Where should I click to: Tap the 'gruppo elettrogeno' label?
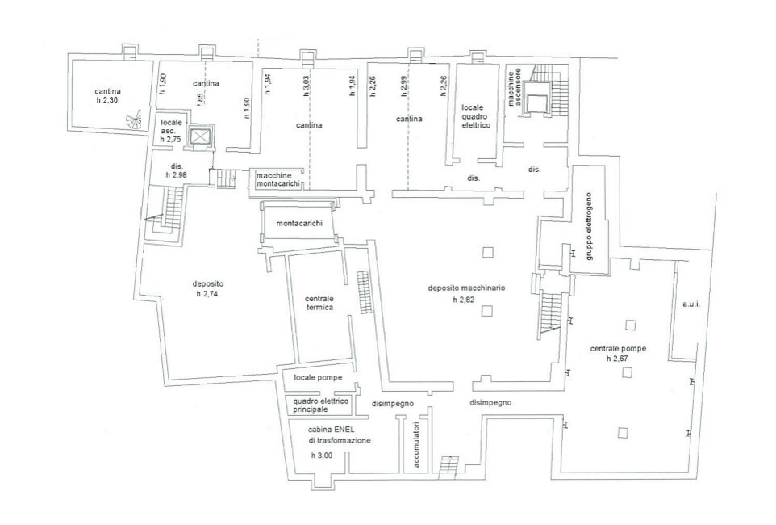click(590, 227)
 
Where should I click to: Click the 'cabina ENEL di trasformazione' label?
click(339, 435)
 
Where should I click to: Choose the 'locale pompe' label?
click(318, 377)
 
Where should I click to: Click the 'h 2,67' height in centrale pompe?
click(618, 359)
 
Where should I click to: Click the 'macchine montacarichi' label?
click(278, 179)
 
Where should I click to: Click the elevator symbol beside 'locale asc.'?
click(198, 136)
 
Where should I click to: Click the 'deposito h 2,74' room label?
click(207, 288)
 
